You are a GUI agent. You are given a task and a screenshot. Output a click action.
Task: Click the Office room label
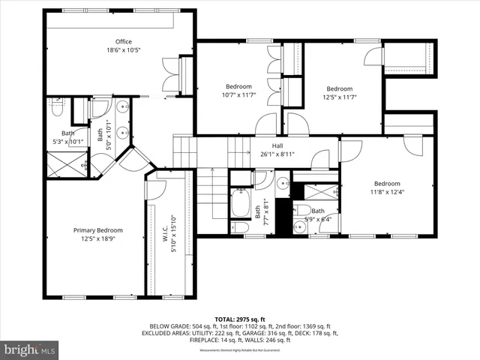coord(124,41)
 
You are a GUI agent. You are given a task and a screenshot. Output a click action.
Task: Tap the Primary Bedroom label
coord(97,230)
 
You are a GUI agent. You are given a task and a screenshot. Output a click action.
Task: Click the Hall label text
coord(277,146)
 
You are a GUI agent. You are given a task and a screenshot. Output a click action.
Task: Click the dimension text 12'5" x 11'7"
coord(339,97)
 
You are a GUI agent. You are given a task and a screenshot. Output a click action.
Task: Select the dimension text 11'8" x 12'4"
coord(387,192)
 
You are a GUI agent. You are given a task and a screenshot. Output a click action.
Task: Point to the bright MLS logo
coord(30,349)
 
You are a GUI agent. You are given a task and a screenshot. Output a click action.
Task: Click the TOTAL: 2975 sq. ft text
coord(239,319)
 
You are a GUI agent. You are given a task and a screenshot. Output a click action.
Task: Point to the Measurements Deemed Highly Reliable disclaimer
coord(239,350)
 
